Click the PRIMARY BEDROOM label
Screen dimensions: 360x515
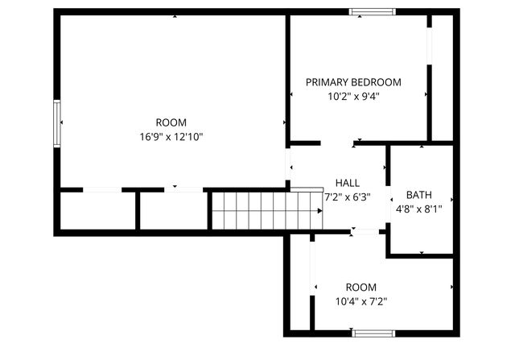353,82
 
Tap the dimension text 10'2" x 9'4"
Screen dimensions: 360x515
353,96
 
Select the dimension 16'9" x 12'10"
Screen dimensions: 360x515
171,137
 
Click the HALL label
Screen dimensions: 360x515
348,183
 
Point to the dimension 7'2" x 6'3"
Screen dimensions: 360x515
347,197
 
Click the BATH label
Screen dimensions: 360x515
418,195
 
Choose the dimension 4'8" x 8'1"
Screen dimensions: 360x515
418,209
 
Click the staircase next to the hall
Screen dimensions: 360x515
266,209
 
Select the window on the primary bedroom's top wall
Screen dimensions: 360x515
372,12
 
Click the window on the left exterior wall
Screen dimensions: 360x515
56,122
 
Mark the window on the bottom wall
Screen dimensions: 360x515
373,333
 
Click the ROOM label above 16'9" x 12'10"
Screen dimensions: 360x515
171,123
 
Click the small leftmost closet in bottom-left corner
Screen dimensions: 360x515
97,211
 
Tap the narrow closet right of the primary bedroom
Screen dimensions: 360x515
442,77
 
